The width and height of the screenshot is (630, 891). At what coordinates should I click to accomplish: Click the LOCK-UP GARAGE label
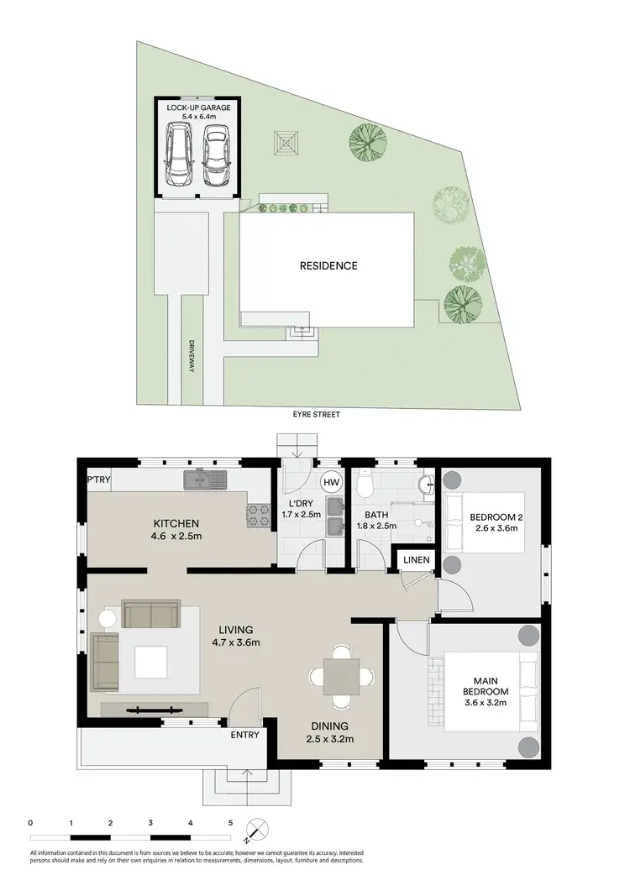[198, 113]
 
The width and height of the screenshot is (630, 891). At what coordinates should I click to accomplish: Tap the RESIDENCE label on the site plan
[328, 266]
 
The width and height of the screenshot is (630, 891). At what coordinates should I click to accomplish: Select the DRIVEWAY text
[191, 357]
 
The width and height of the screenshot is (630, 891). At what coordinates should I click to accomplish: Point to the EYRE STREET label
[316, 415]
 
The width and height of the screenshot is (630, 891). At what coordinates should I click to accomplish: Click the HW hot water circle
[331, 483]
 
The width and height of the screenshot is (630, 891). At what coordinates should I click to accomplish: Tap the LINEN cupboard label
[416, 559]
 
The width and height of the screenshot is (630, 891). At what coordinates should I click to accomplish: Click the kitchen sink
[205, 480]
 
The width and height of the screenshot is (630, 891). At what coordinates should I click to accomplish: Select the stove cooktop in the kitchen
[257, 516]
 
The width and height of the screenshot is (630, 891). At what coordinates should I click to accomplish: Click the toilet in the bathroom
[365, 484]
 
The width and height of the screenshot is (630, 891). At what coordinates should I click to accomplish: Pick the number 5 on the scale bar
[230, 823]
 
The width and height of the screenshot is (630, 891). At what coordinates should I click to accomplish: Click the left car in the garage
[178, 155]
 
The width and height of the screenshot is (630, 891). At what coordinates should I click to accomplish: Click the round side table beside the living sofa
[108, 620]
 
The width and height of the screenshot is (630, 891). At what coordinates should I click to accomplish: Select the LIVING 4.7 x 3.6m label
[235, 636]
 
